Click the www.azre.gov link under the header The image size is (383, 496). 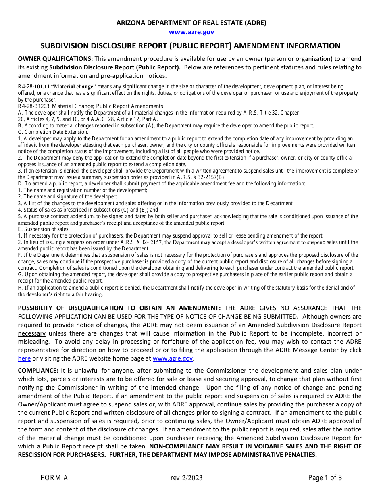(191, 32)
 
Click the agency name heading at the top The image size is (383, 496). (191, 23)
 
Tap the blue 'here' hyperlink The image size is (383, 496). (24, 358)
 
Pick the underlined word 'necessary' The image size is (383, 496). (32, 333)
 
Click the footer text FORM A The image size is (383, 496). (54, 478)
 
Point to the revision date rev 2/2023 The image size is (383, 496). (186, 478)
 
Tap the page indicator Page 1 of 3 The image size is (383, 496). (325, 478)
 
